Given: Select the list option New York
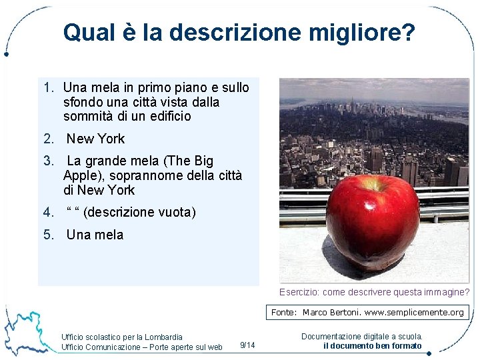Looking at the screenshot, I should click(x=95, y=139).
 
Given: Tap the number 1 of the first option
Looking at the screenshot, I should click(x=47, y=87).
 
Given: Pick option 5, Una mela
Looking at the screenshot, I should click(x=95, y=235).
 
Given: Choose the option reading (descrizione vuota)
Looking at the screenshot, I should click(x=140, y=213).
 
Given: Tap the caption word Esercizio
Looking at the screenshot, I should click(x=300, y=292).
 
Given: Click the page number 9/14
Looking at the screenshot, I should click(x=247, y=345).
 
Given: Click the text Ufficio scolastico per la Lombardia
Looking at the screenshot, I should click(x=121, y=337).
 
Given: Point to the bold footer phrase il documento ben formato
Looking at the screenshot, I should click(x=372, y=345).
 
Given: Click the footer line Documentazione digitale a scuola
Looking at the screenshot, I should click(x=362, y=337).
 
